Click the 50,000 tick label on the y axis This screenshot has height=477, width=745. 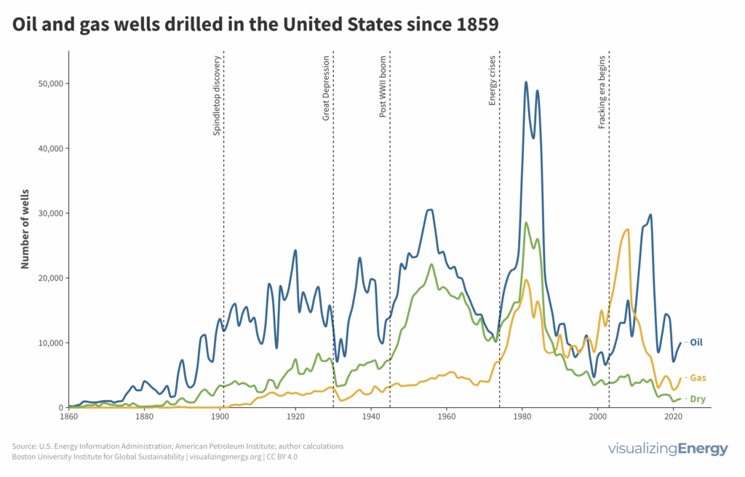pyautogui.click(x=49, y=84)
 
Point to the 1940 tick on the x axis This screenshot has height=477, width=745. pyautogui.click(x=371, y=418)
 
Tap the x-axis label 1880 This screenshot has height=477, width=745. pyautogui.click(x=144, y=418)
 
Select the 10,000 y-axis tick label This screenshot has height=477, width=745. pyautogui.click(x=49, y=342)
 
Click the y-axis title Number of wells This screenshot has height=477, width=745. pyautogui.click(x=25, y=230)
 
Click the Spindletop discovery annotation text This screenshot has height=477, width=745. pyautogui.click(x=216, y=95)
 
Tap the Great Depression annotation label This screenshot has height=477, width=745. pyautogui.click(x=326, y=87)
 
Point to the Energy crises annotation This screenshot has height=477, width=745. pyautogui.click(x=493, y=80)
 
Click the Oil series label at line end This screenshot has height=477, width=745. pyautogui.click(x=696, y=342)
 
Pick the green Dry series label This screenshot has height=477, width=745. pyautogui.click(x=696, y=398)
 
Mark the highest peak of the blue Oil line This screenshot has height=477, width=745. pyautogui.click(x=526, y=82)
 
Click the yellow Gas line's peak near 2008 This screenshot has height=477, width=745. pyautogui.click(x=627, y=230)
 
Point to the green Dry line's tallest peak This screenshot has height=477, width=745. pyautogui.click(x=526, y=223)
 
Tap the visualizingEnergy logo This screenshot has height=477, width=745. pyautogui.click(x=667, y=449)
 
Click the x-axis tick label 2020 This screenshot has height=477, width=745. pyautogui.click(x=673, y=418)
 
